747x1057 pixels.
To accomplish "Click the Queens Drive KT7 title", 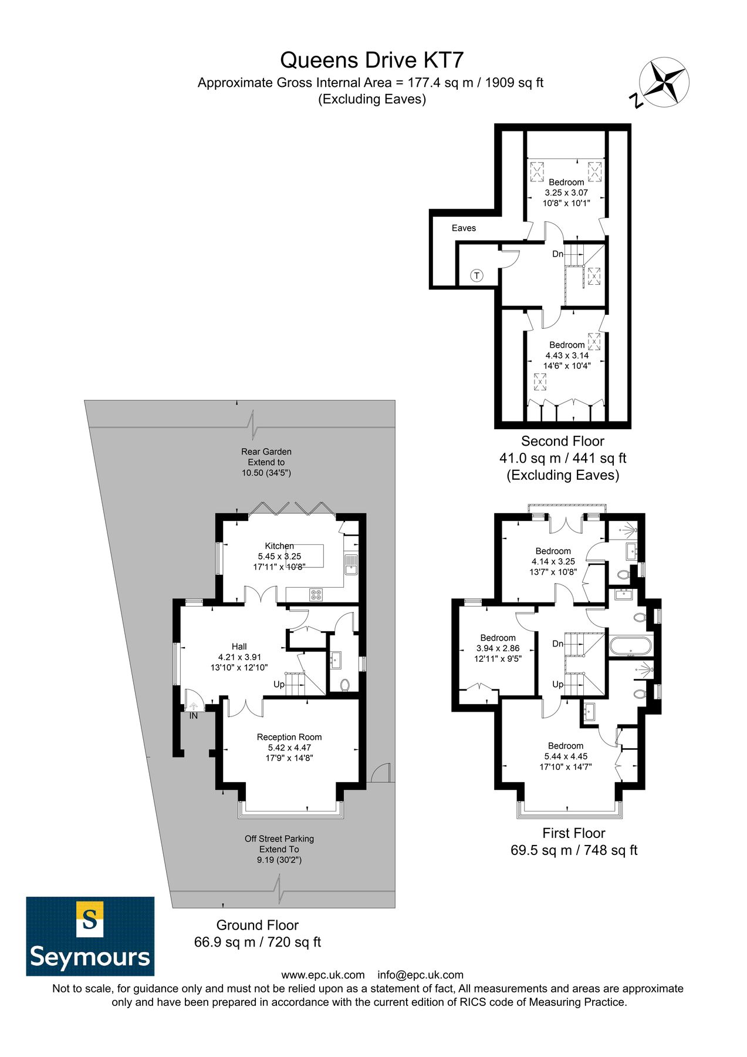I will coord(372,60).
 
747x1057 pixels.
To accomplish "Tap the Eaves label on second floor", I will coord(464,228).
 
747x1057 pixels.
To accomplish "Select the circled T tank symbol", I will coord(476,275).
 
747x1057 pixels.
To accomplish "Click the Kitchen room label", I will coord(279,546).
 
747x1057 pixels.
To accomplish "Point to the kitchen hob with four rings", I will coord(316,594).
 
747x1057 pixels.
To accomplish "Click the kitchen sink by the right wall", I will coord(351,564).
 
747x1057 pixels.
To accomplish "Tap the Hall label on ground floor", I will coord(239,647).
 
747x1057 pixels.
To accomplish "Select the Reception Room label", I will coord(289,737).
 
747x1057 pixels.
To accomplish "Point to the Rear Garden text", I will coord(266,452).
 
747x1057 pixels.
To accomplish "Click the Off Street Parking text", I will coord(279,839).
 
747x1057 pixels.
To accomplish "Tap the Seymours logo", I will coord(90,936).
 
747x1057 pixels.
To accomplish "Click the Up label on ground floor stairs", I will coord(279,684).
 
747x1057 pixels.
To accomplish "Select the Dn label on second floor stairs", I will coord(557,254).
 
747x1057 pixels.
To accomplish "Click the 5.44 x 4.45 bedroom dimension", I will coord(566,756).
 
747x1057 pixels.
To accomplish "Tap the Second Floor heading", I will coord(562,441).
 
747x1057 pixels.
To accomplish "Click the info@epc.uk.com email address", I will coord(420,975).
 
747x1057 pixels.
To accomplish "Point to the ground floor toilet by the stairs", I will coord(345,685).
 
